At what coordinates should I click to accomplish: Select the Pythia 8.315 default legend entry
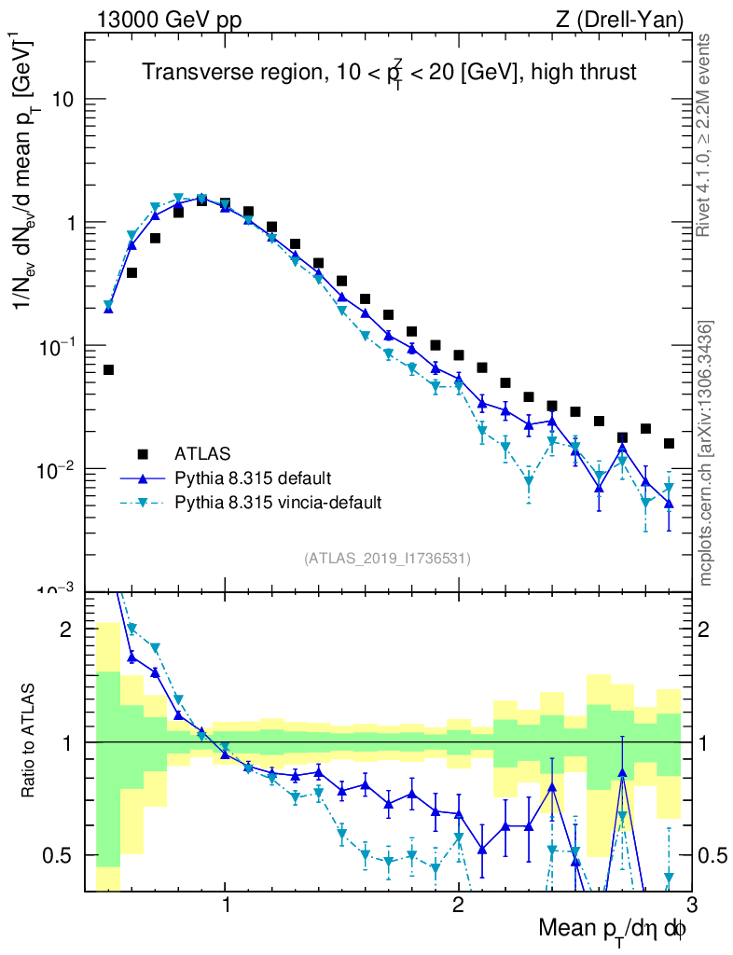click(x=252, y=478)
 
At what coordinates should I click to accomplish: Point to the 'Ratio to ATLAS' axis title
click(x=29, y=741)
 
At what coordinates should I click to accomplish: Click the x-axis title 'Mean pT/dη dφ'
click(x=613, y=930)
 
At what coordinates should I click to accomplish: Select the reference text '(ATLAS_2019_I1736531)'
click(x=387, y=559)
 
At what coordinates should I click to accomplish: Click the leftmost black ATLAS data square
click(x=108, y=370)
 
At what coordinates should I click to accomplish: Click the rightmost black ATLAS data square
click(x=669, y=443)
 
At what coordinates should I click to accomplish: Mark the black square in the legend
click(x=143, y=454)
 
